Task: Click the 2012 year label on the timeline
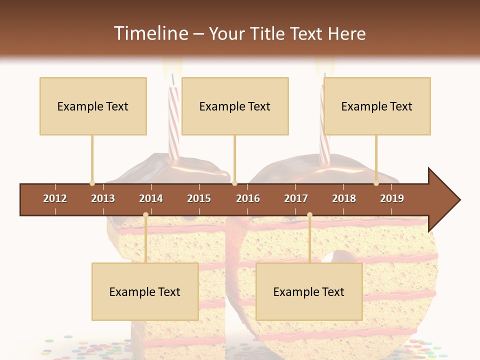tap(55, 198)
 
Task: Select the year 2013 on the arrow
tap(103, 198)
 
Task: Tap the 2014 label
tap(151, 198)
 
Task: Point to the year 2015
tap(199, 198)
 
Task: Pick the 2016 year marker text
tap(248, 198)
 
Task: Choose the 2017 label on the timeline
tap(296, 198)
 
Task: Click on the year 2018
tap(344, 198)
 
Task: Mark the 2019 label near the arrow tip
tap(392, 198)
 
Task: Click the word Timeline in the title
tap(150, 33)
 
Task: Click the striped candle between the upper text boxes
tap(173, 120)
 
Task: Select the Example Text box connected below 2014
tap(145, 291)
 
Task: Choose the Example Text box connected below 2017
tap(309, 291)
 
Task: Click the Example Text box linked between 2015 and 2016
tap(235, 106)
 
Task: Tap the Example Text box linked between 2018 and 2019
tap(377, 106)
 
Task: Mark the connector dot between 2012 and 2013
tap(92, 183)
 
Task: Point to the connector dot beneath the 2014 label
tap(145, 214)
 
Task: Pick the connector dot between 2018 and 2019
tap(376, 183)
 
